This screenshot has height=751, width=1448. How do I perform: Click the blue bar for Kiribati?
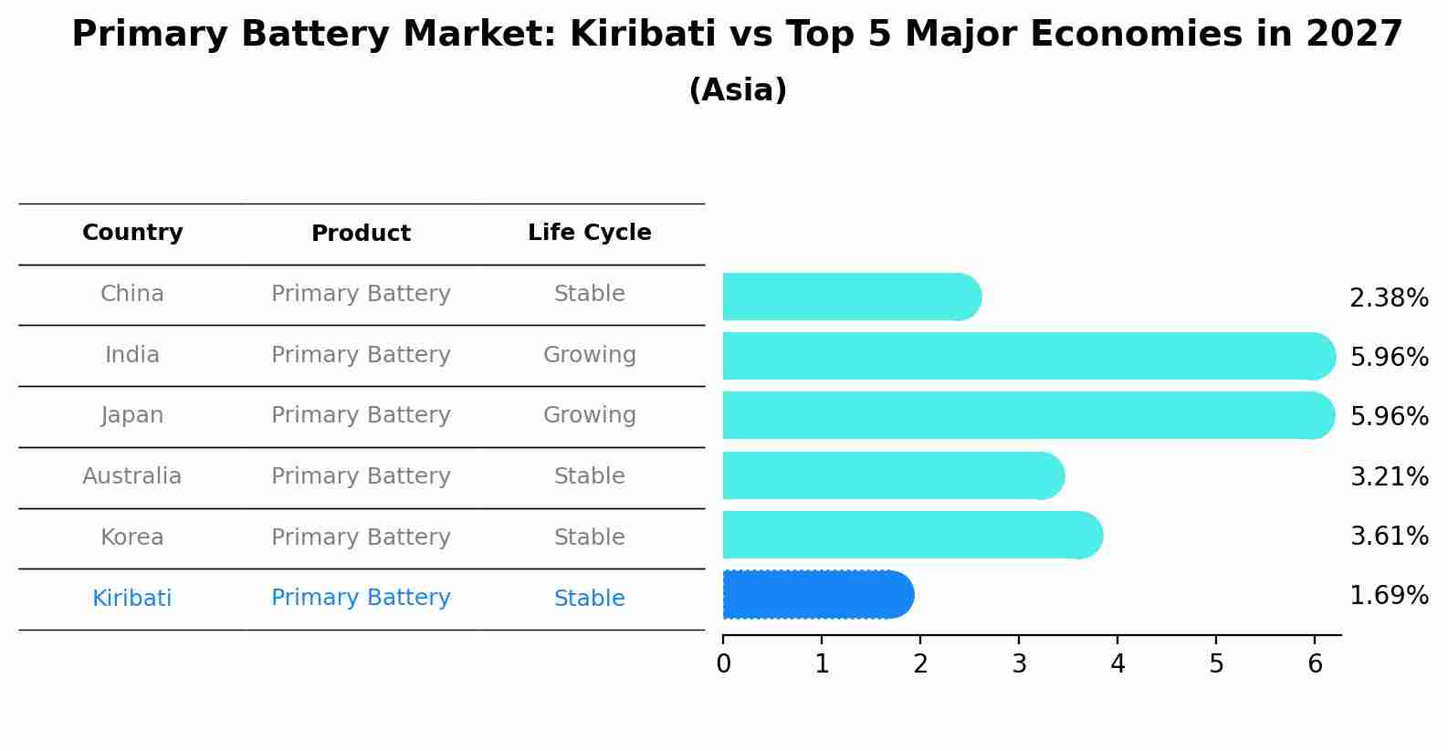(x=817, y=595)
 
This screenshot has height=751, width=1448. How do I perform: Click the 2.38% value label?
(x=1388, y=298)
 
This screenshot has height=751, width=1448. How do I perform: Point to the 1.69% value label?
(x=1388, y=596)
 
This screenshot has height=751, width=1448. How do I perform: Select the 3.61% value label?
(x=1388, y=536)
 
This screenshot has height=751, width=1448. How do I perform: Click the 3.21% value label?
(x=1388, y=476)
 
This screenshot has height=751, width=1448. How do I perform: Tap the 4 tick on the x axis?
(x=1117, y=664)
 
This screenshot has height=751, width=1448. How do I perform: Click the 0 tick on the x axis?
(x=723, y=664)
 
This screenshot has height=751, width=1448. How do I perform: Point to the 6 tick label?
(x=1315, y=664)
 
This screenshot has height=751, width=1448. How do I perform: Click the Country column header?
(x=132, y=233)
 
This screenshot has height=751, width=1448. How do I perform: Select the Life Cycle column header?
(x=589, y=233)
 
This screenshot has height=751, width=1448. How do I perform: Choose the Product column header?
(x=361, y=234)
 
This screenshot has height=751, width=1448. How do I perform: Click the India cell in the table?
(x=132, y=355)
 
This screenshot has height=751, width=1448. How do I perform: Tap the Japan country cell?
(x=132, y=415)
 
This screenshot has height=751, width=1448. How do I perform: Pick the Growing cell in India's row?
(x=589, y=355)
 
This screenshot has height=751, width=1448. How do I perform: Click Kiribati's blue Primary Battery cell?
(x=361, y=598)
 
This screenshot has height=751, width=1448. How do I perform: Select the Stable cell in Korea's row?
(x=589, y=537)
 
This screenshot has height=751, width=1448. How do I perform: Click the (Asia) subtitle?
(x=738, y=90)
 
